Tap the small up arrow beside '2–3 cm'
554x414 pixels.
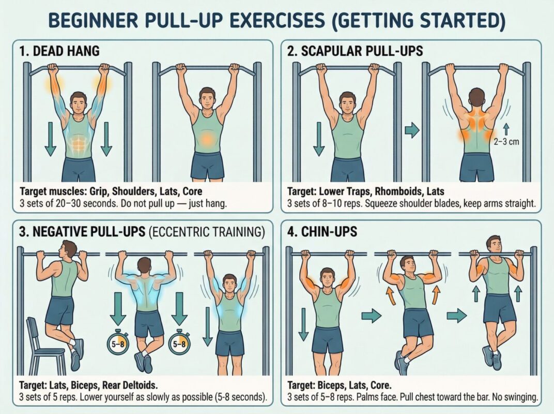(505, 127)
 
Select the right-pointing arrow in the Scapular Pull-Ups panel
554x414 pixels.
(412, 130)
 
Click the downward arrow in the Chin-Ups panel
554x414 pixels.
(303, 321)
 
